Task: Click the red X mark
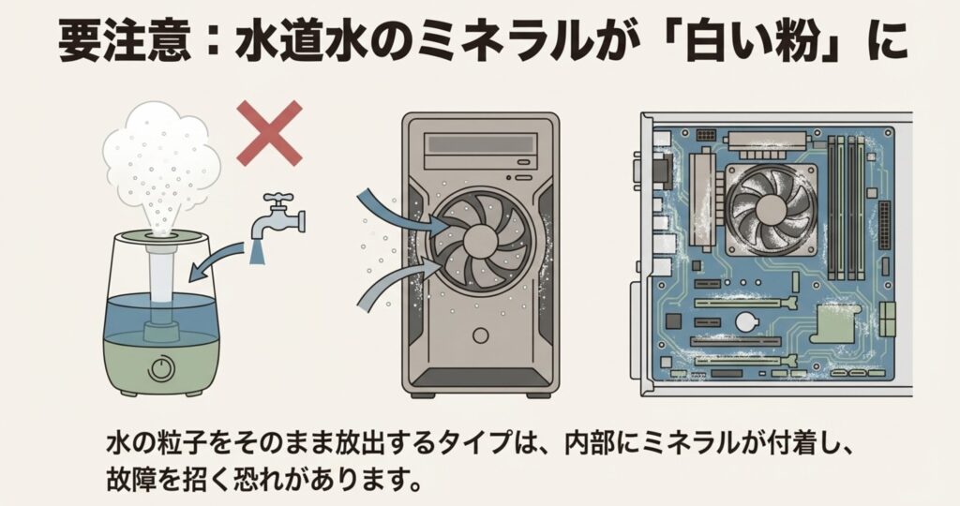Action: [x=269, y=133]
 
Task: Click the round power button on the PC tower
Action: [x=481, y=335]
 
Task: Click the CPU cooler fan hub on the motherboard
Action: [x=769, y=210]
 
